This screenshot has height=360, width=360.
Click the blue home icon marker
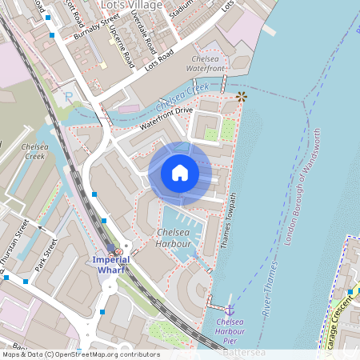click(180, 173)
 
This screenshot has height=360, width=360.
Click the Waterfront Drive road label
click(166, 116)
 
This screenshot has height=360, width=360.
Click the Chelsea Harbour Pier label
click(231, 326)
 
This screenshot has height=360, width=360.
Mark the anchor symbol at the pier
click(230, 309)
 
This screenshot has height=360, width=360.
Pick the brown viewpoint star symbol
click(241, 97)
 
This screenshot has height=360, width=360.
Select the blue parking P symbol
click(68, 97)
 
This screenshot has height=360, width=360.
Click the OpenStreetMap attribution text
click(80, 354)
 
